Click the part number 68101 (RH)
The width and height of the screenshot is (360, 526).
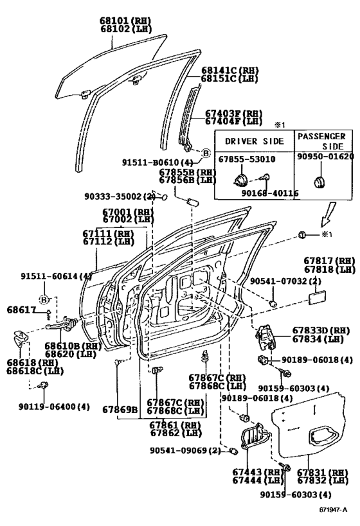[125, 21]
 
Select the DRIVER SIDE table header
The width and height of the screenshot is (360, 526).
[255, 141]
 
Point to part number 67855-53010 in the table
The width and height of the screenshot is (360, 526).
[247, 159]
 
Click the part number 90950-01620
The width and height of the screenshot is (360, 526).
[325, 156]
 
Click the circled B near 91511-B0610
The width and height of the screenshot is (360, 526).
[206, 153]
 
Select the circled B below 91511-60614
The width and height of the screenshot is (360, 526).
[44, 299]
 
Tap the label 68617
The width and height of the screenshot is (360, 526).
[21, 310]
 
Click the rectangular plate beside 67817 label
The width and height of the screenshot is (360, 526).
[318, 297]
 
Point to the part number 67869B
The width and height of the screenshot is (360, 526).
[120, 410]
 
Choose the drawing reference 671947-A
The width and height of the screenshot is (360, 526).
[333, 510]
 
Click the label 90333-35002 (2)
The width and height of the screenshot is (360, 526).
[120, 196]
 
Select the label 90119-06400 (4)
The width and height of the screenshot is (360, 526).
[54, 407]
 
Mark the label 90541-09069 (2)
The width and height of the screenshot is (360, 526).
[185, 450]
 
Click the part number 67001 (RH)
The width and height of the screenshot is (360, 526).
[128, 212]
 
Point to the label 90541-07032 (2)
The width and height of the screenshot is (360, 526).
[285, 281]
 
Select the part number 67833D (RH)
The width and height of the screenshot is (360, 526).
[321, 330]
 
